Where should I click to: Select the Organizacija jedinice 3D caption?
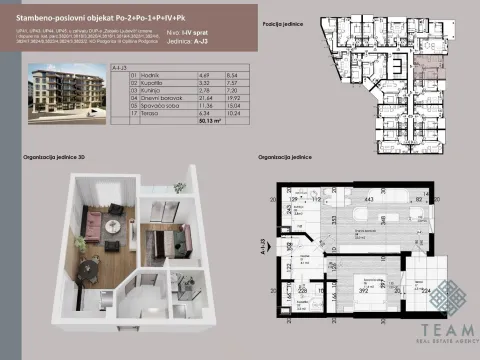(56, 158)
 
